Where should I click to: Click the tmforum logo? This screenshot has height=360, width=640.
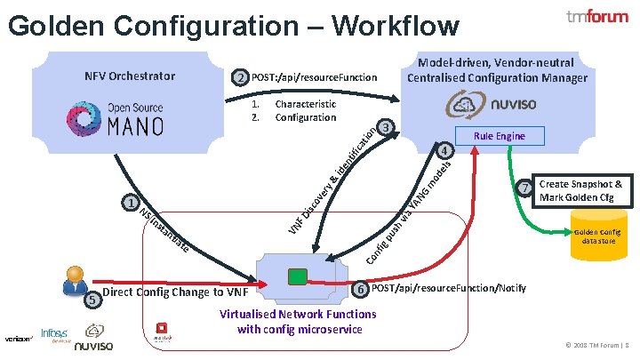pos(597,18)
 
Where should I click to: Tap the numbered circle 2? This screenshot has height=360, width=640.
pos(239,78)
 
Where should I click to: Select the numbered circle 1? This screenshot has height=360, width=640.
pos(132,204)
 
